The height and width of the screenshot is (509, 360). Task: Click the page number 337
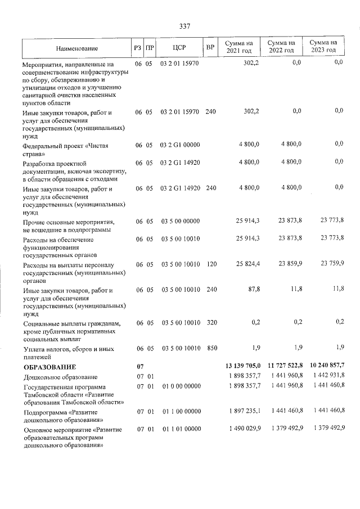tap(185, 26)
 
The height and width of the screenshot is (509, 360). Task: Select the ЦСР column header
tap(180, 47)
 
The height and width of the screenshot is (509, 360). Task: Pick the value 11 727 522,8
tap(285, 367)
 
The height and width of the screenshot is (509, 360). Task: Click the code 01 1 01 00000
tap(181, 429)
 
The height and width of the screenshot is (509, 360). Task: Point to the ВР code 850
tap(211, 349)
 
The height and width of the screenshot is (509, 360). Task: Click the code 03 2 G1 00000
tap(181, 145)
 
